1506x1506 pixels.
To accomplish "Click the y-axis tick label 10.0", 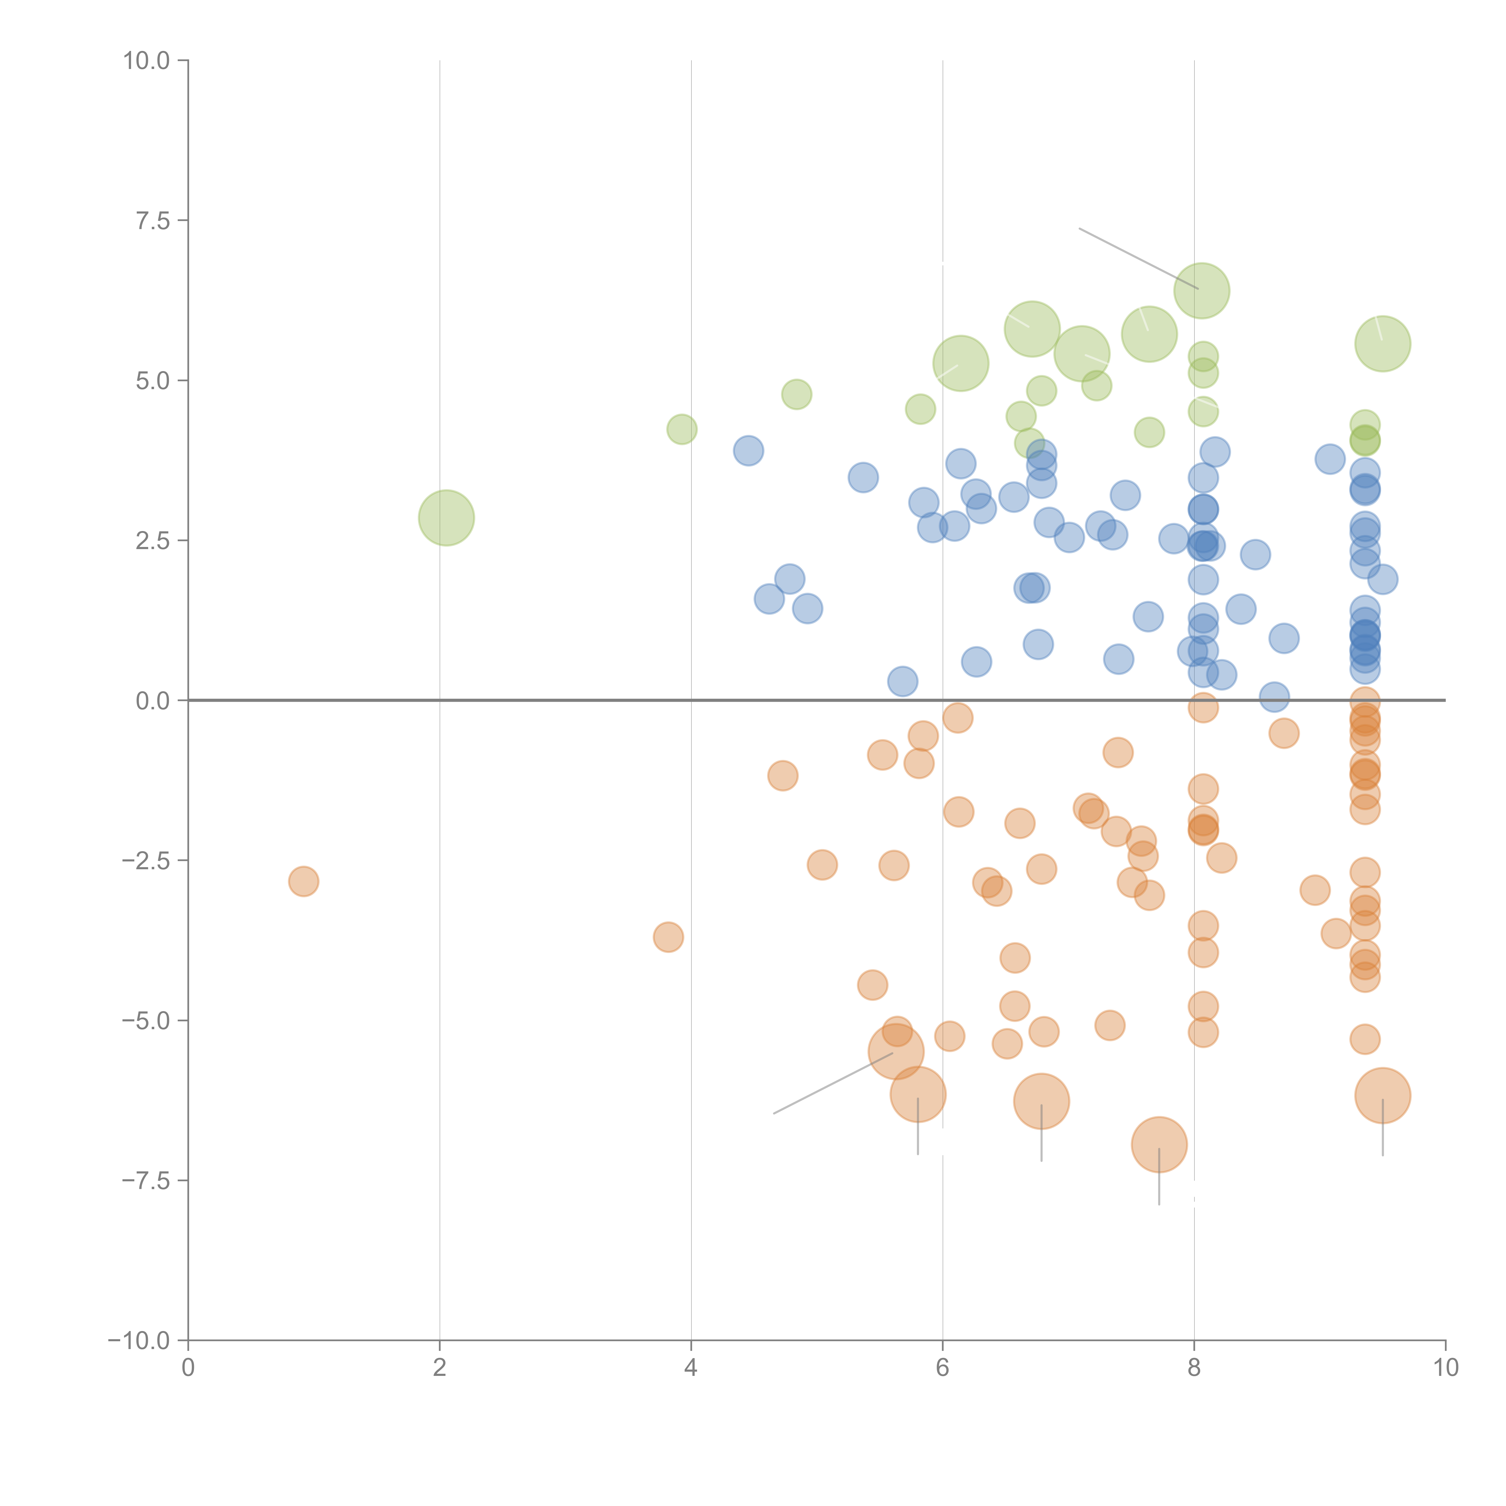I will [x=147, y=61].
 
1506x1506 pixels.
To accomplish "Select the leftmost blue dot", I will [x=748, y=451].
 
